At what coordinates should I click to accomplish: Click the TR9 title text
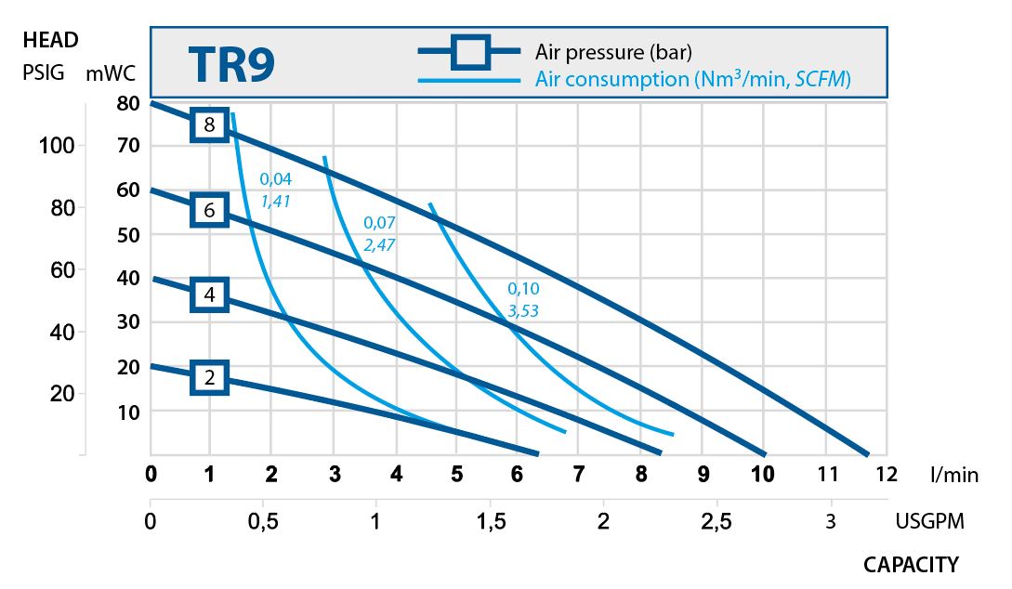(231, 64)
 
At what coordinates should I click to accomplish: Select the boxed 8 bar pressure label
(210, 124)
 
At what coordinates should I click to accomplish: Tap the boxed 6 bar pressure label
(210, 211)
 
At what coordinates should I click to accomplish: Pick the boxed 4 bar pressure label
(210, 295)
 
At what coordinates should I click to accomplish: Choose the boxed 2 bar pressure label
(210, 377)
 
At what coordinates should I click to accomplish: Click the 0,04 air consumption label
(276, 178)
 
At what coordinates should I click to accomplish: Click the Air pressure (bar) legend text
(613, 51)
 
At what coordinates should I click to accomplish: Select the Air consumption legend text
(693, 80)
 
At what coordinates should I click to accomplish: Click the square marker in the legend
(470, 51)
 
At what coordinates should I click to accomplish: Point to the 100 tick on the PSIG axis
(57, 146)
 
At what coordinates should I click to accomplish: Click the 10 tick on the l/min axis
(763, 474)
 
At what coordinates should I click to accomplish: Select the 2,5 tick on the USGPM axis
(716, 521)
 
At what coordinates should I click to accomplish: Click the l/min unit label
(954, 475)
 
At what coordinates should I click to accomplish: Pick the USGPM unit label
(930, 521)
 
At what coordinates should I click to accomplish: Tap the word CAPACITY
(911, 564)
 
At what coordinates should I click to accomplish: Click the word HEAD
(50, 40)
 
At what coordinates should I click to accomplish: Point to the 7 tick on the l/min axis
(579, 474)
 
